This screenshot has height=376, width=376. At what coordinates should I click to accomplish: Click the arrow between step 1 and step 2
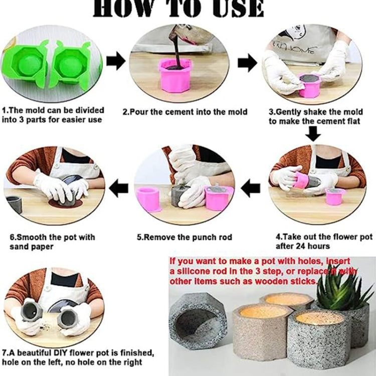[116, 62]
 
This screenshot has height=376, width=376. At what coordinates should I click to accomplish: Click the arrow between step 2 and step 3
[247, 63]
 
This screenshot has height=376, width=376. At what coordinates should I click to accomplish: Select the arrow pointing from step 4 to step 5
[251, 188]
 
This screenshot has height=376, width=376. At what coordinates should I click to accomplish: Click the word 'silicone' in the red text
[193, 271]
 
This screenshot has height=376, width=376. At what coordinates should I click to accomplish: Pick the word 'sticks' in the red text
[304, 282]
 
